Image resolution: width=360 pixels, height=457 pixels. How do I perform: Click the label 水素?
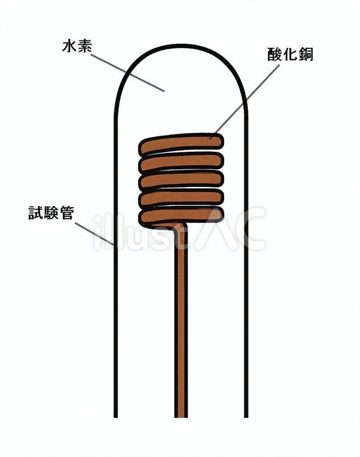click(x=77, y=46)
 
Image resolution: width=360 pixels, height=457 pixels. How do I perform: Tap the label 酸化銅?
click(x=290, y=54)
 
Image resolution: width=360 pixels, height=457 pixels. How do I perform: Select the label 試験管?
click(x=51, y=213)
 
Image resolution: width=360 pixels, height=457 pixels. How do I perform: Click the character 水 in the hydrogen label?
click(x=69, y=46)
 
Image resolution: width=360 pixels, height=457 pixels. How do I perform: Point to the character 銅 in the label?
click(x=306, y=54)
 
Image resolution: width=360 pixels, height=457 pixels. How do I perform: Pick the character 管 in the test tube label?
click(x=66, y=213)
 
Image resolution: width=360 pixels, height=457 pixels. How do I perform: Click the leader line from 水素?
click(x=127, y=73)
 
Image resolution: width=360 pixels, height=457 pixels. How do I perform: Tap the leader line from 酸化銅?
click(x=245, y=101)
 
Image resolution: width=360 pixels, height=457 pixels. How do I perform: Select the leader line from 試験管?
click(x=94, y=234)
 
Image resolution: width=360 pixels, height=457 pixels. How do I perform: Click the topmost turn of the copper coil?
click(x=181, y=144)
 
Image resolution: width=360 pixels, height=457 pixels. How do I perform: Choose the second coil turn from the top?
click(x=181, y=162)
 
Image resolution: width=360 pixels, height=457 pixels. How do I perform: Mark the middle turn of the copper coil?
click(x=181, y=180)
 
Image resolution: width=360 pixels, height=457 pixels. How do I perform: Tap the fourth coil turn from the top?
click(x=181, y=198)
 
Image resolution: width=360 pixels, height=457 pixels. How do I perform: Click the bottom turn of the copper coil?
click(x=181, y=216)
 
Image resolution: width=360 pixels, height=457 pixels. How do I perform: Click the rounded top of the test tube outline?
click(x=181, y=46)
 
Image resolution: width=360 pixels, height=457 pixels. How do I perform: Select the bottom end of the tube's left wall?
click(x=116, y=417)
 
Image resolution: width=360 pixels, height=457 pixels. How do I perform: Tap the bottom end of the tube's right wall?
click(x=247, y=417)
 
